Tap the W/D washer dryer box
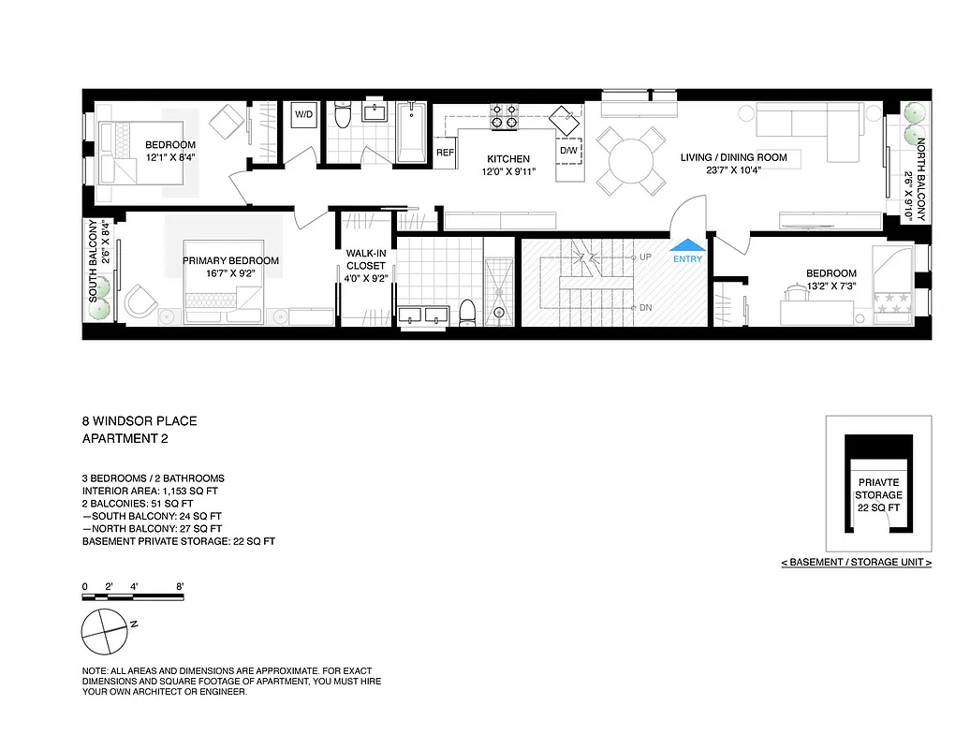304,114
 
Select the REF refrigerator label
445,153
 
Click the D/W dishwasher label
568,150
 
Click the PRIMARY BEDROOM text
230,260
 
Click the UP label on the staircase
644,257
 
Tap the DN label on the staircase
644,307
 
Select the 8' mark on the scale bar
179,586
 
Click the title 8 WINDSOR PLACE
140,421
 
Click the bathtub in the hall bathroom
411,132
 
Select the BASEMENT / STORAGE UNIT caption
856,563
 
